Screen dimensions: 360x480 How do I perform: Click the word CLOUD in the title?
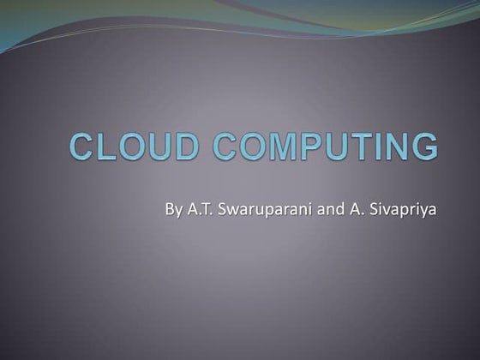click(x=129, y=147)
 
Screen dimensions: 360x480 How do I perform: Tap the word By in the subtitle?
click(x=175, y=208)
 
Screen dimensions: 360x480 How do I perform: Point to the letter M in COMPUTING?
click(x=285, y=147)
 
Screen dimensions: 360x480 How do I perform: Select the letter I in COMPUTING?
click(x=383, y=147)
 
